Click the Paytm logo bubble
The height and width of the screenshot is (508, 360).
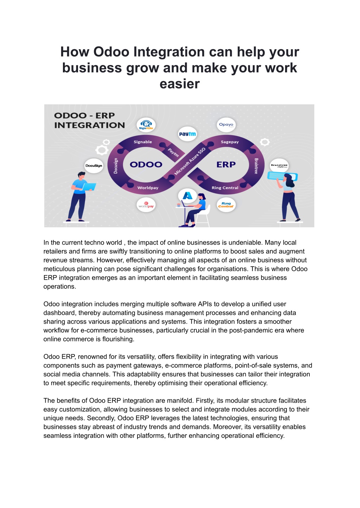(187, 134)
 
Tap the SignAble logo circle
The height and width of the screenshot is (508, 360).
(146, 125)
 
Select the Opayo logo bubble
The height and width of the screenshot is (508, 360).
(226, 125)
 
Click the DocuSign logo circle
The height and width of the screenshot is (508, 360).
(94, 165)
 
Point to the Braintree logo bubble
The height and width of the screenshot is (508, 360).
(279, 165)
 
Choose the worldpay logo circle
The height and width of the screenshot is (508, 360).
(146, 205)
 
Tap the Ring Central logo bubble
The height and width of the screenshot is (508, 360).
(226, 205)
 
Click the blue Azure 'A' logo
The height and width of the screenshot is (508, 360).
(187, 195)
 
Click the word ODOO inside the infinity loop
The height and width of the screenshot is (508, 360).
(146, 164)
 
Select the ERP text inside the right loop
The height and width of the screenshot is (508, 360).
(226, 164)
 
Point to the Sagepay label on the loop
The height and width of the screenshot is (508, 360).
(230, 142)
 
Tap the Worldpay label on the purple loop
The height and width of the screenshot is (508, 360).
(148, 188)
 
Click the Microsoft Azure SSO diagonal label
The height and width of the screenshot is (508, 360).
(190, 161)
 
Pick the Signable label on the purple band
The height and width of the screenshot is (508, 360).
(143, 142)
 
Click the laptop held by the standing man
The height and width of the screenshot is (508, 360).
(89, 187)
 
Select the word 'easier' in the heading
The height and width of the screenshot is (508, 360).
(180, 84)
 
